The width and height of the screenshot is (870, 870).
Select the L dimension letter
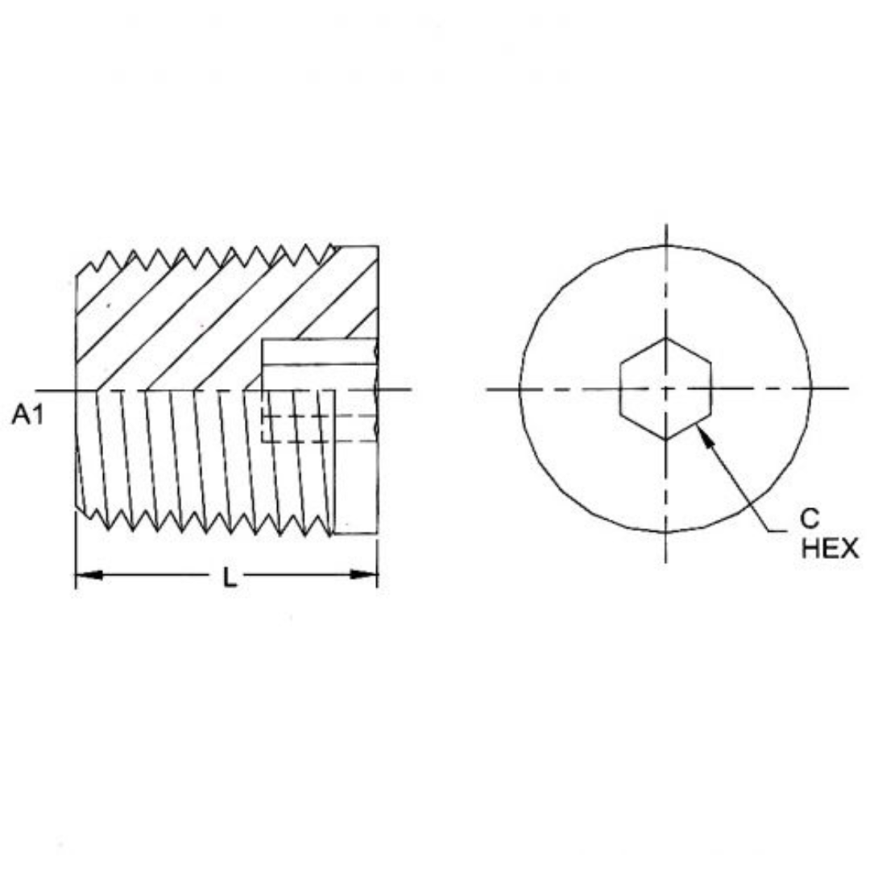(230, 577)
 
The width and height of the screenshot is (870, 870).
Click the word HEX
(829, 549)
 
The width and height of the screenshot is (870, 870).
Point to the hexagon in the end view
(665, 389)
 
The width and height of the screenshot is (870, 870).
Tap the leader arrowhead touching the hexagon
(703, 432)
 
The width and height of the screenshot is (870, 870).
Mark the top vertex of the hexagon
(665, 338)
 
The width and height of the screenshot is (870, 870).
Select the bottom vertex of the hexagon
(665, 440)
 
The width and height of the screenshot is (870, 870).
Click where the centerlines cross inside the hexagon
(665, 389)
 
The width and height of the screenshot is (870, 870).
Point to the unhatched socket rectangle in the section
(319, 352)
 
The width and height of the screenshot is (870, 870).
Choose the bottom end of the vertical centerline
(665, 561)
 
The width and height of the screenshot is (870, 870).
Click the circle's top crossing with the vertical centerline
(665, 246)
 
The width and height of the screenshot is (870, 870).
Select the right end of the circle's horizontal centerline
(847, 389)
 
